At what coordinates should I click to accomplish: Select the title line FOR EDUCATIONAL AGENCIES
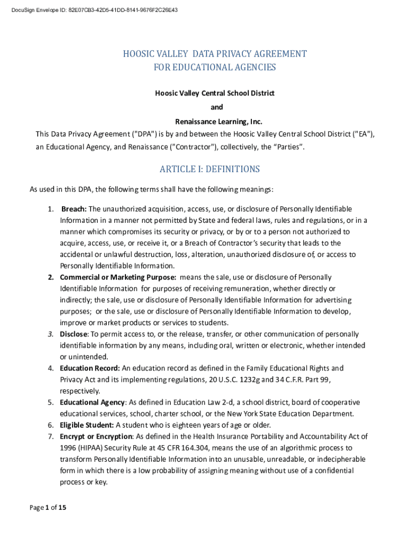[215, 67]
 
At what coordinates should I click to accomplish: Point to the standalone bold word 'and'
[216, 107]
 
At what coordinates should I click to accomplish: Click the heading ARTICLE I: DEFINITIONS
[209, 169]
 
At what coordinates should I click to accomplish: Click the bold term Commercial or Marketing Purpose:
[117, 277]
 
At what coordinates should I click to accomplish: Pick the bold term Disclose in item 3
[73, 334]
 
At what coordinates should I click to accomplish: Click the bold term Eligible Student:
[87, 425]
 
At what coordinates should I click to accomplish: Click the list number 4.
[50, 368]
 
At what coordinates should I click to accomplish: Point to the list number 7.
[50, 437]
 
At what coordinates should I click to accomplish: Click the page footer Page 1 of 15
[48, 508]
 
